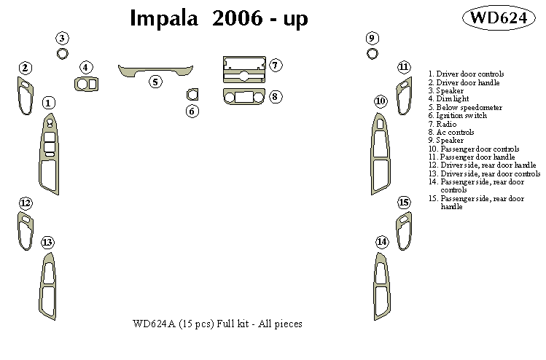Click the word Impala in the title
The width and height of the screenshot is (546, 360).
click(x=162, y=19)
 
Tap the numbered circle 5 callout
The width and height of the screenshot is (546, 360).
click(x=155, y=82)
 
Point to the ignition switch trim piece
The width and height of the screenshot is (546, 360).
click(x=192, y=94)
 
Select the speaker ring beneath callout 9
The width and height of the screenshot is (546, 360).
click(x=373, y=53)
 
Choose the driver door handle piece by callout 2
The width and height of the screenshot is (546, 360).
click(x=26, y=96)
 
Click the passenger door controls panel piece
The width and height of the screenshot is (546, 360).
click(x=380, y=149)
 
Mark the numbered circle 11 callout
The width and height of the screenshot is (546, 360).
click(x=404, y=68)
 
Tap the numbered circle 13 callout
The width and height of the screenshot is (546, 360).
click(x=47, y=242)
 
